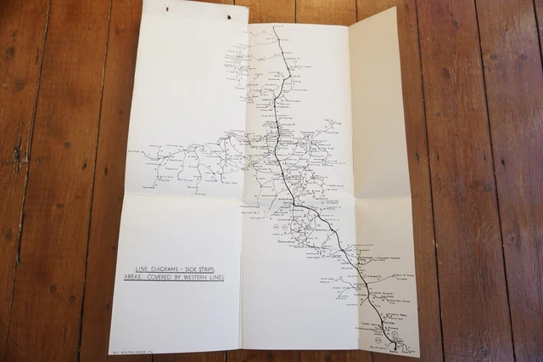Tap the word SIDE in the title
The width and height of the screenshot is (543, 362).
click(190, 269)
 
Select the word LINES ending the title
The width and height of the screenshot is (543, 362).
click(216, 277)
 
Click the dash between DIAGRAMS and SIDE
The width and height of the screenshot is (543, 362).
click(182, 269)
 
